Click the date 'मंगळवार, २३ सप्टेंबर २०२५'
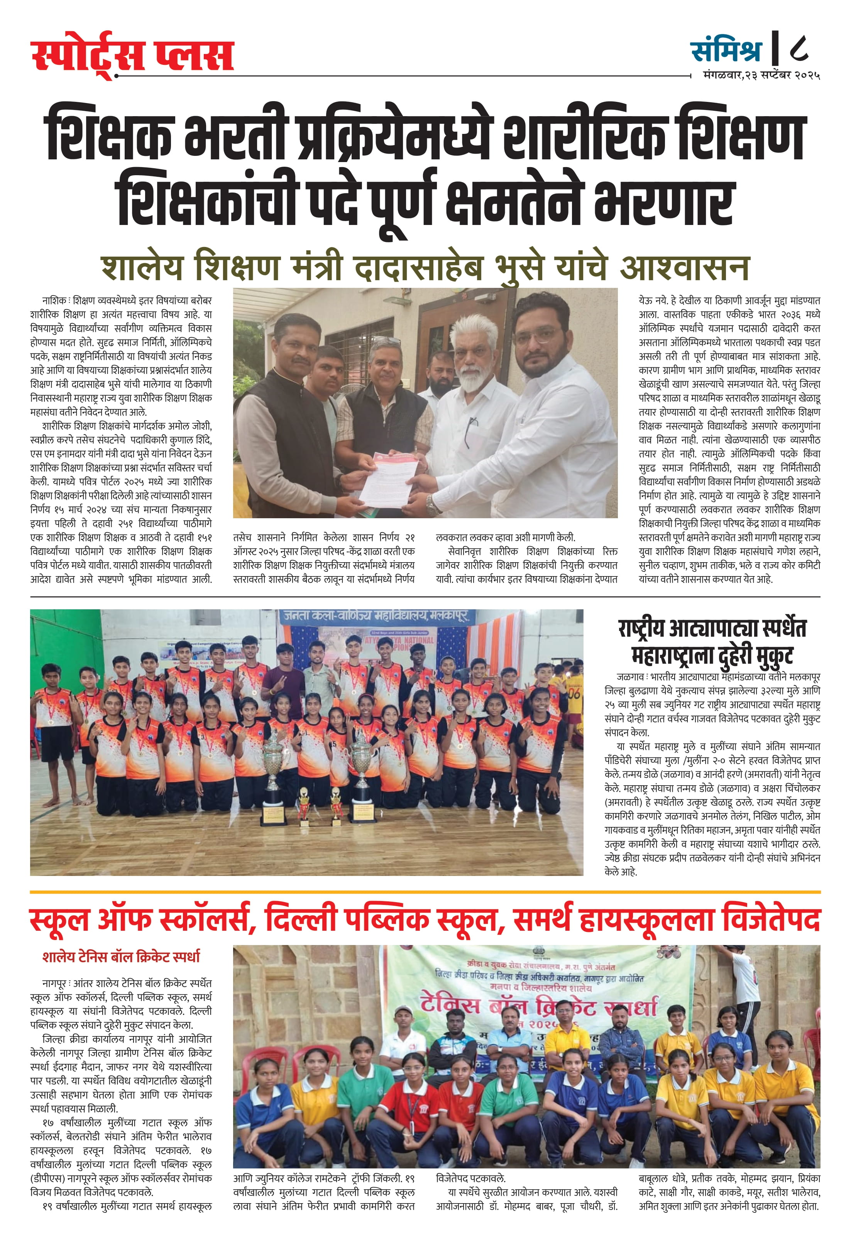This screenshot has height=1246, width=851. pos(761,76)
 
